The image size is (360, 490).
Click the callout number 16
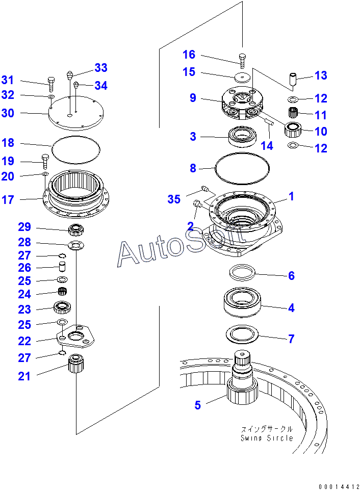(189, 55)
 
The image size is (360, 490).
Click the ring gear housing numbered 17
(76, 194)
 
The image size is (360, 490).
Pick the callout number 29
(24, 227)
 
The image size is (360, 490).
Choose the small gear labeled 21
(75, 364)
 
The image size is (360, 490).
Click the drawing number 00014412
(339, 485)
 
